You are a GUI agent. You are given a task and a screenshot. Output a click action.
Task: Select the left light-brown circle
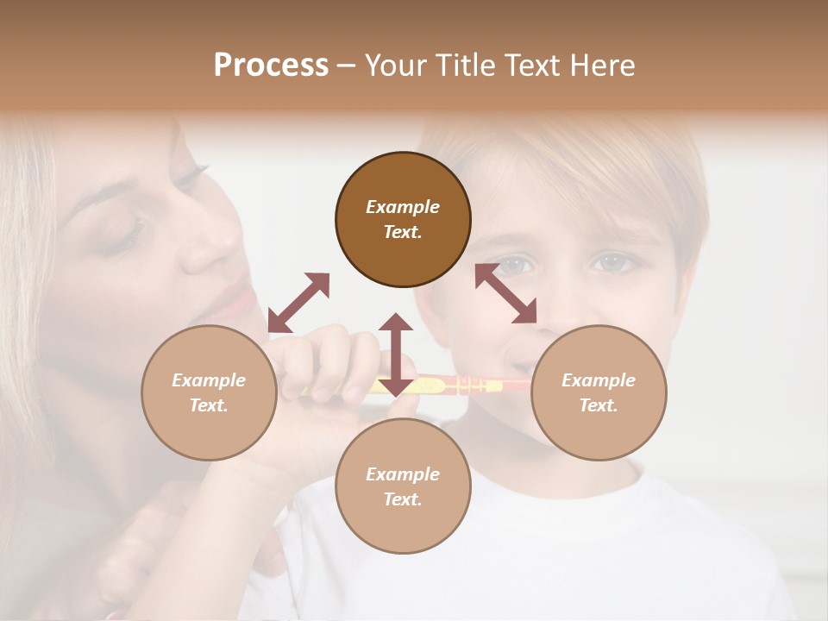209,393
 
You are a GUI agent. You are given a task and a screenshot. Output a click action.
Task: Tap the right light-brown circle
599,393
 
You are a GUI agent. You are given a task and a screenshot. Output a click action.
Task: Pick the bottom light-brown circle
403,486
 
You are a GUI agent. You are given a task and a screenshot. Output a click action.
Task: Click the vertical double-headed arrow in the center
396,354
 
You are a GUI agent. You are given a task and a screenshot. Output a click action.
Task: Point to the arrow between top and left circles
298,303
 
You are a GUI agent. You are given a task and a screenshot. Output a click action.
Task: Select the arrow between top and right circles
505,293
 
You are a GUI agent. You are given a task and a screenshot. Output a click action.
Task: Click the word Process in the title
271,65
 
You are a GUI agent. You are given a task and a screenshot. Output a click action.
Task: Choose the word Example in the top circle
403,207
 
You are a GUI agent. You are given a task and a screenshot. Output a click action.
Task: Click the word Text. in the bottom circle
403,499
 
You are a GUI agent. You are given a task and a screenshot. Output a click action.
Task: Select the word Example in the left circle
209,380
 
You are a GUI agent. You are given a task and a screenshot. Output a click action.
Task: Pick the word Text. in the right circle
599,405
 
